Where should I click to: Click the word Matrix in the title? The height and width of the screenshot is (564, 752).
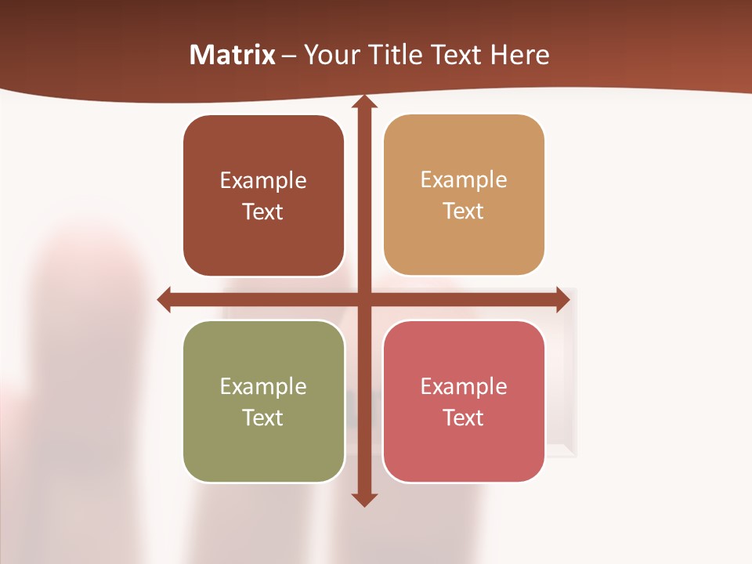pos(232,55)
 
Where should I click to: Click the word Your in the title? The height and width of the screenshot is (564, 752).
pos(329,55)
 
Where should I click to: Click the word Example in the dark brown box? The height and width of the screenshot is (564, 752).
pos(263,181)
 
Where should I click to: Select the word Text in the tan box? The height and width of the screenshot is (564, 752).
pos(464,211)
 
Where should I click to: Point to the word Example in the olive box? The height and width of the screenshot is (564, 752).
pos(263,386)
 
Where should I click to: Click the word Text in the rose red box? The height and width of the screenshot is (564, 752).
pos(464,418)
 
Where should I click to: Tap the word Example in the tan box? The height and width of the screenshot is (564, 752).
pos(464,180)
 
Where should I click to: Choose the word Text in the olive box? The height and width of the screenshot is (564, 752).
pos(263,418)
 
